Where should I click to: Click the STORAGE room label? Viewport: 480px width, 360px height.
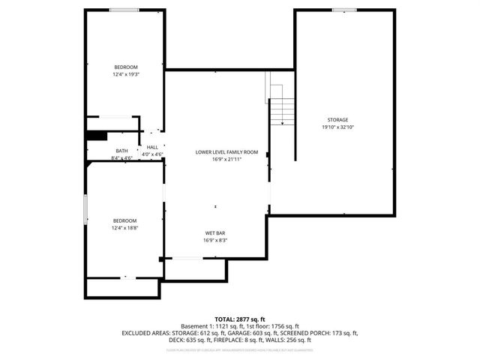coord(337,120)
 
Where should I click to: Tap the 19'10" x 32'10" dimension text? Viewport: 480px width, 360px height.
coord(337,127)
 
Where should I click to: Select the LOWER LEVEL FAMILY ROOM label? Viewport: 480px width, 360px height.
coord(226,152)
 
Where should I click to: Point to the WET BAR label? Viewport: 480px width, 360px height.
coord(215,233)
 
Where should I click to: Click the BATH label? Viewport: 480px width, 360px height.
coord(121,151)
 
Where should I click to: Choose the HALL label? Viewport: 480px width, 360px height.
coord(152,147)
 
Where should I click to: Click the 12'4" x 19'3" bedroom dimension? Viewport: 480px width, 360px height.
coord(126,74)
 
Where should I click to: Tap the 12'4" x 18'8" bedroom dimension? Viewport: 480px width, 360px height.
coord(125,227)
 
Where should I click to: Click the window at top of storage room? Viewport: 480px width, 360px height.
coord(344,10)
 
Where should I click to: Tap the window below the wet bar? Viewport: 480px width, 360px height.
coord(186,259)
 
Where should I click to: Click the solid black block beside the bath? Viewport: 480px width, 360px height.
coord(96,136)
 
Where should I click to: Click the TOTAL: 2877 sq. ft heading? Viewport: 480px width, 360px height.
coord(240,319)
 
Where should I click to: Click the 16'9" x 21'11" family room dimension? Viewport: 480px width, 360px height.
coord(226,159)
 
